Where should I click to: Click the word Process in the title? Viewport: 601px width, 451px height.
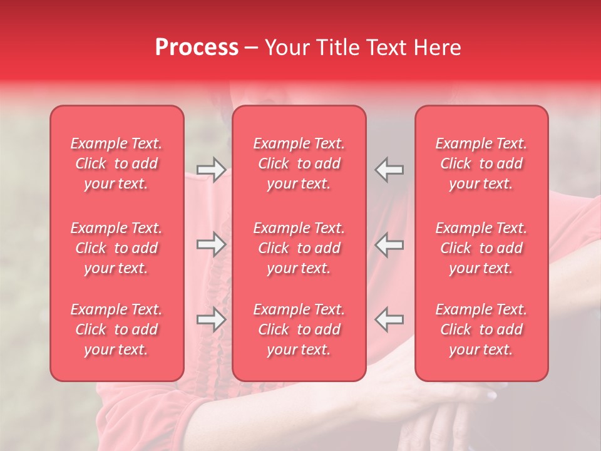(x=197, y=48)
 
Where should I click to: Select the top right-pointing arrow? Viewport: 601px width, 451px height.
(x=211, y=170)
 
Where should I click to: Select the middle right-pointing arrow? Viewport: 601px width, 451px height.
(x=211, y=244)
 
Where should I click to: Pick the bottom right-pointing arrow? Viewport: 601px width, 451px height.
(x=211, y=319)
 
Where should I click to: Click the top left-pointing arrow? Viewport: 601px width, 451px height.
(x=389, y=170)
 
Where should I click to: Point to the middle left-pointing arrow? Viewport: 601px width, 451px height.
(x=389, y=244)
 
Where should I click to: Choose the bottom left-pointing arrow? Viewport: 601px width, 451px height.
(x=389, y=319)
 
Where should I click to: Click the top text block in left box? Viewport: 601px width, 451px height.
(x=116, y=163)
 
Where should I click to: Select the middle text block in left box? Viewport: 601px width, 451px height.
(x=116, y=248)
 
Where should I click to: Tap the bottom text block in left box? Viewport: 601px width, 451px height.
(x=116, y=329)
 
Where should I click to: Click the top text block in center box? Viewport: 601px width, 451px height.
(x=299, y=163)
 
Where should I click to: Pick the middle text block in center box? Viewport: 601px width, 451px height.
(x=299, y=248)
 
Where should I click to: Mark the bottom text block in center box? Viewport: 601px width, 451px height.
(x=299, y=329)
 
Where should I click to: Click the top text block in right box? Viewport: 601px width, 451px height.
(x=481, y=163)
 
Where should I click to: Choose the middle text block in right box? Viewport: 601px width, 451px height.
(x=481, y=248)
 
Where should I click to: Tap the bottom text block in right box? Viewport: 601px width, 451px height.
(x=481, y=329)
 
